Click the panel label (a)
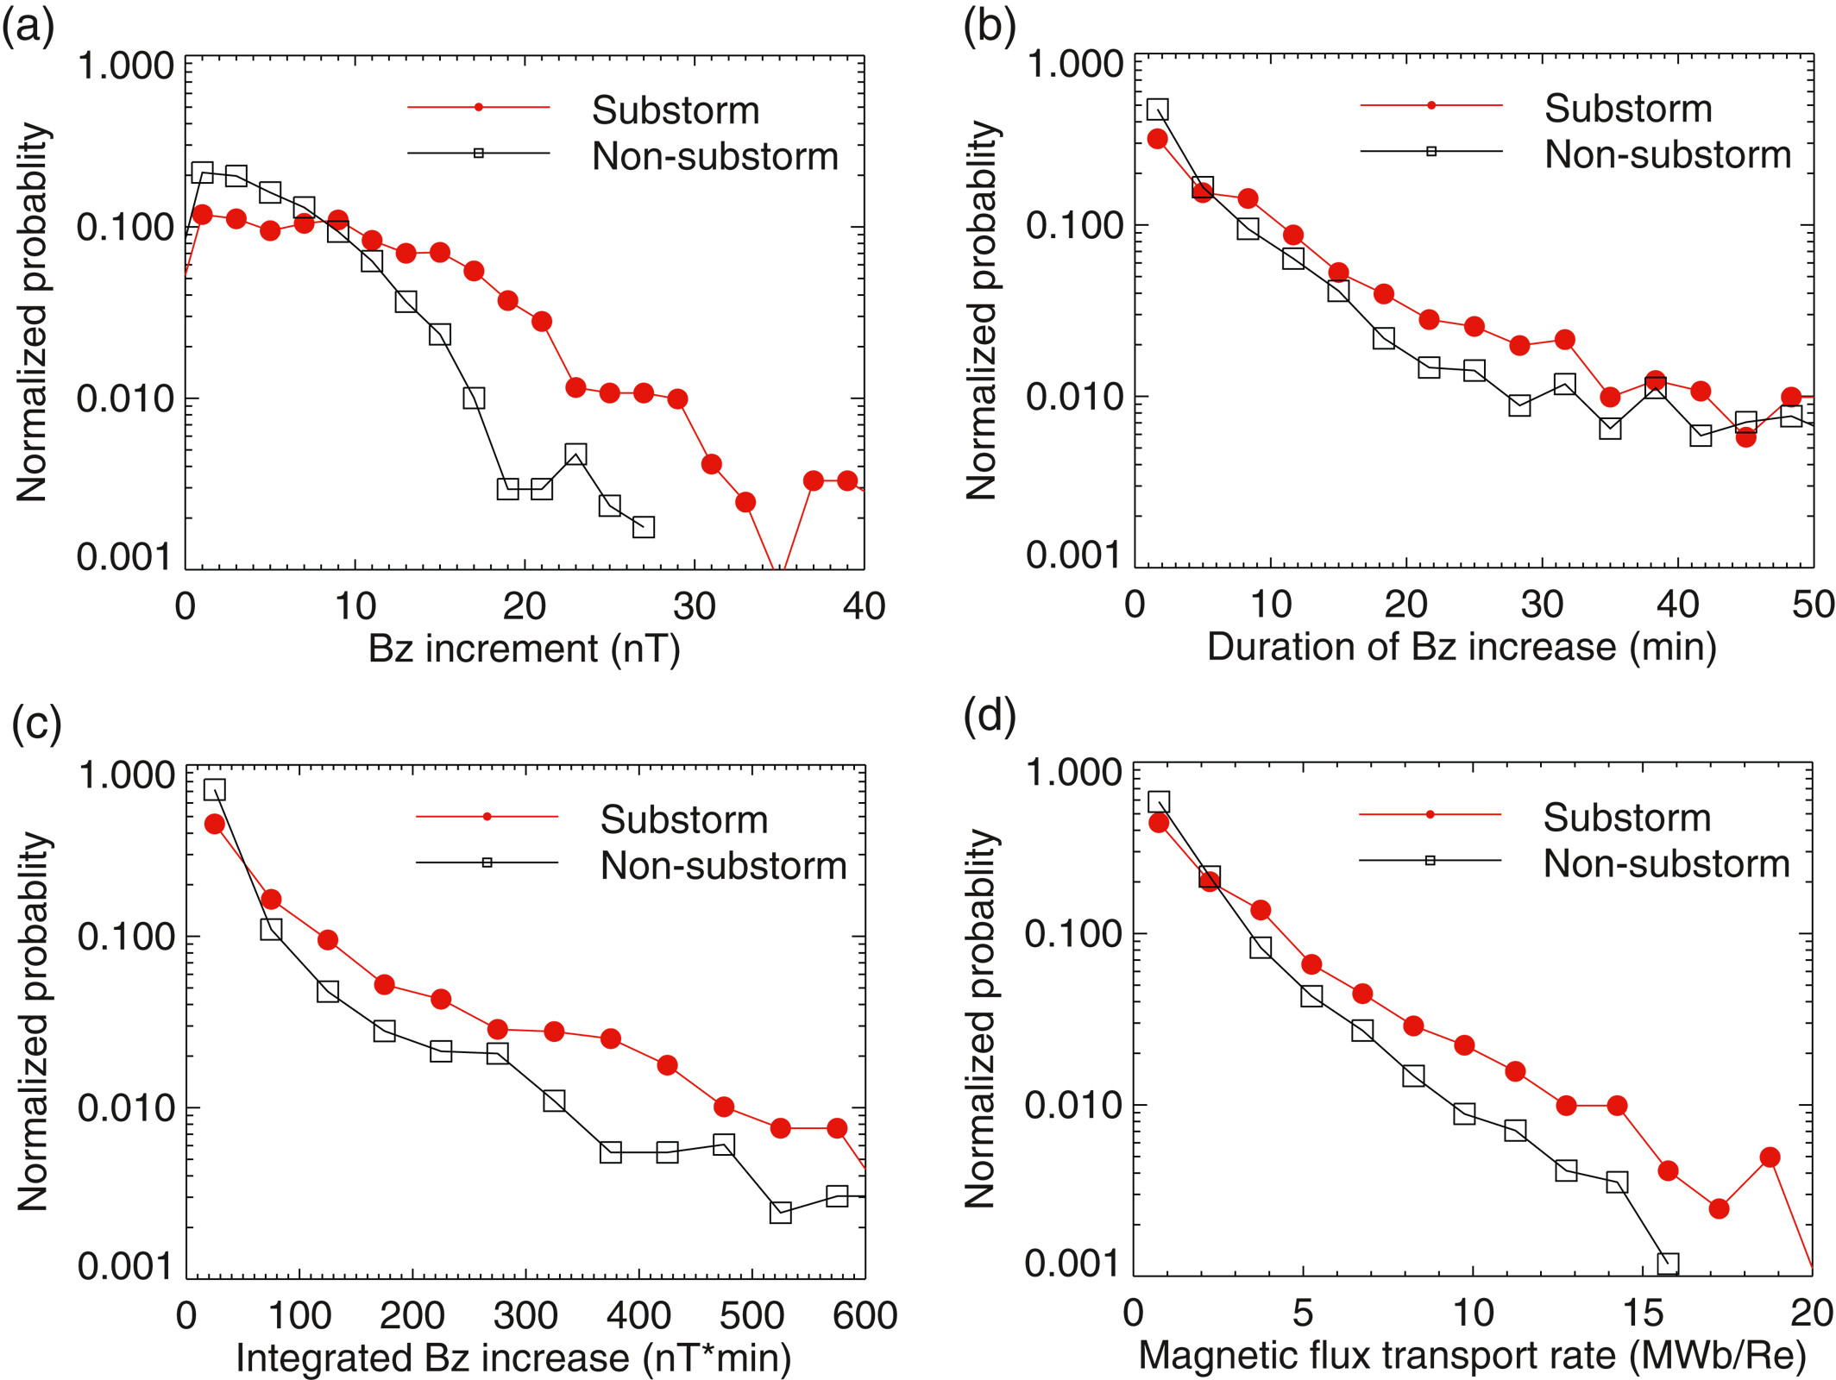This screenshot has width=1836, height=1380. click(x=28, y=27)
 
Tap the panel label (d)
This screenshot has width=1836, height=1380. click(x=989, y=715)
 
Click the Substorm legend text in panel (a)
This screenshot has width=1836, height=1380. click(x=676, y=110)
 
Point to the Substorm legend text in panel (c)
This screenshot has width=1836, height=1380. click(x=684, y=819)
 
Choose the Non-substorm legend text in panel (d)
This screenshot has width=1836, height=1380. click(x=1666, y=863)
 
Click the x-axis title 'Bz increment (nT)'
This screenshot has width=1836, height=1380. click(x=525, y=649)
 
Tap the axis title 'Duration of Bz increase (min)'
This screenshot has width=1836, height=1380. click(x=1462, y=646)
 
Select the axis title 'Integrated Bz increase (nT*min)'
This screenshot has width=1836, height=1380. click(x=513, y=1358)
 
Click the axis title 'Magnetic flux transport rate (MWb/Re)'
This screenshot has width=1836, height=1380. click(x=1472, y=1355)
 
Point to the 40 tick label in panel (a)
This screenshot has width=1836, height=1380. click(x=864, y=606)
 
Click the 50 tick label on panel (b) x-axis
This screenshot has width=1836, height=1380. click(x=1813, y=605)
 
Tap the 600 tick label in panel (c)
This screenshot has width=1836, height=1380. click(x=865, y=1315)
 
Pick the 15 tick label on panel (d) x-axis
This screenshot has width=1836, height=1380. click(x=1642, y=1313)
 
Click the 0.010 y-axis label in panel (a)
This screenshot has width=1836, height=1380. click(x=125, y=399)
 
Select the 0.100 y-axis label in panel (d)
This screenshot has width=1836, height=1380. click(x=1072, y=934)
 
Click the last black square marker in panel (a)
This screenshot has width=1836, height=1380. click(x=643, y=526)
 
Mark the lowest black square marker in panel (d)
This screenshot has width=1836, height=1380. click(x=1668, y=1264)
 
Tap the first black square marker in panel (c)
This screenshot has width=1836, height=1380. click(x=215, y=789)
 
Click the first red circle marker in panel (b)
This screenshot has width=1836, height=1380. click(x=1157, y=139)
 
